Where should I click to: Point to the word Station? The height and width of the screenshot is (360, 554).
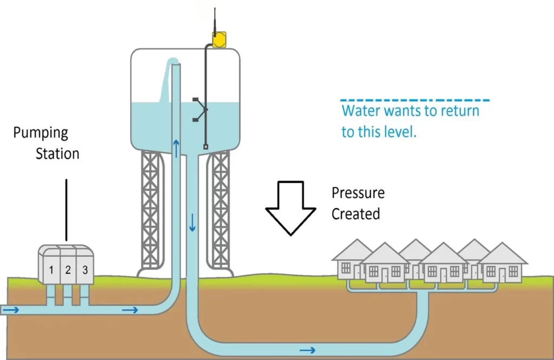coord(57,153)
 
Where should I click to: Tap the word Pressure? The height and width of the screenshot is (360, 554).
coord(358,193)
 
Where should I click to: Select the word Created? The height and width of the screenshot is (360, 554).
coord(355,214)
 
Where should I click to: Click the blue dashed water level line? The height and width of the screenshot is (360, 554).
coord(414,100)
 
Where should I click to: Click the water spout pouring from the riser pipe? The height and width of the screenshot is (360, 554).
coord(165,81)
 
